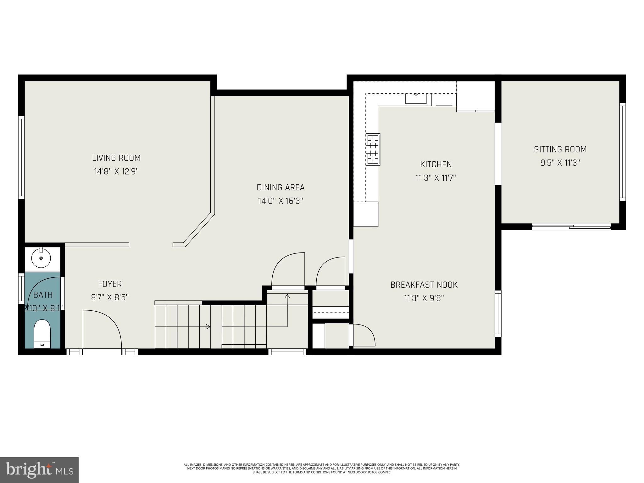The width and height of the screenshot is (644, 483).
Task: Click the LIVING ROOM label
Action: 116,158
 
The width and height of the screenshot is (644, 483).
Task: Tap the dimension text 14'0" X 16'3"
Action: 280,201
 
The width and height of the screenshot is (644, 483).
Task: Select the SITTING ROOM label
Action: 560,149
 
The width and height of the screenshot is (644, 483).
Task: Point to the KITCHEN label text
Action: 436,164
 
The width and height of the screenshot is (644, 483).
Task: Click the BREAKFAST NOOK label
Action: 424,285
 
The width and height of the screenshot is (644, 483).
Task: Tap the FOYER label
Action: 110,284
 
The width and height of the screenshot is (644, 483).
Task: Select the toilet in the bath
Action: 42,333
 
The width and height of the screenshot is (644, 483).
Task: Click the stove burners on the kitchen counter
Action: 373,149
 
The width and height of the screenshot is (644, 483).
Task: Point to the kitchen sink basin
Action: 416,98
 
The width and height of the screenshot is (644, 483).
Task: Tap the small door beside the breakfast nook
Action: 363,335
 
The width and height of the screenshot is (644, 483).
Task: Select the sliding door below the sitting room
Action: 571,226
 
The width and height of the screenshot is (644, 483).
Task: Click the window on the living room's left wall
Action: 21,157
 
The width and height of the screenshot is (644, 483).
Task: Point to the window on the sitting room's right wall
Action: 622,152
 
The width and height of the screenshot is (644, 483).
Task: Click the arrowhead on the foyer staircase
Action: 208,327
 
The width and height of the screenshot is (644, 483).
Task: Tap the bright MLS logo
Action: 39,470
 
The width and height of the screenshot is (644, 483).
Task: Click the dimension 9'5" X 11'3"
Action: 560,163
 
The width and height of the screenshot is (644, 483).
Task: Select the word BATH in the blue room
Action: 43,295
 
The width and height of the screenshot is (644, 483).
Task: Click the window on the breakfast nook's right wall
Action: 498,313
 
